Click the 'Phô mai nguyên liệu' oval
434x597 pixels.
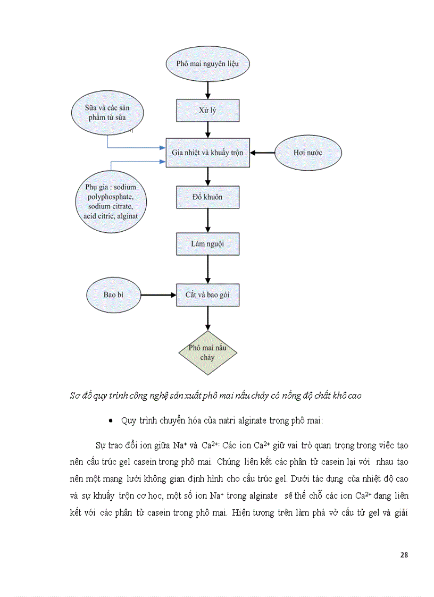point(207,64)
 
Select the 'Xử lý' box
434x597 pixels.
point(207,111)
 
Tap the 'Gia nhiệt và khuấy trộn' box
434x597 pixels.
point(207,153)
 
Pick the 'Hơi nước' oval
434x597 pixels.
point(308,153)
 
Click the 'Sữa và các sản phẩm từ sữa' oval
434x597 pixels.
point(107,112)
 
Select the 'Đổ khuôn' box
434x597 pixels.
point(207,197)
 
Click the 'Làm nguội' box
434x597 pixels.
point(207,244)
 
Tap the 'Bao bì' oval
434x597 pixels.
point(113,294)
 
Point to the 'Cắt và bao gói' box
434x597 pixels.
point(207,294)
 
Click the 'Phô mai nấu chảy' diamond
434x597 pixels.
point(207,353)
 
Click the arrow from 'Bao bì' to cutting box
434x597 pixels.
point(158,294)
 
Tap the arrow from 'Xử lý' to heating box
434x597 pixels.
point(207,130)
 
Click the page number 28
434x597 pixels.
point(404,554)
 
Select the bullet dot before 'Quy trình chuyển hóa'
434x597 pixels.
point(110,421)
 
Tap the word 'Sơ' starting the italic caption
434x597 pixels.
point(74,396)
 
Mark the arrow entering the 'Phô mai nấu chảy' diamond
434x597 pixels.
point(207,318)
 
